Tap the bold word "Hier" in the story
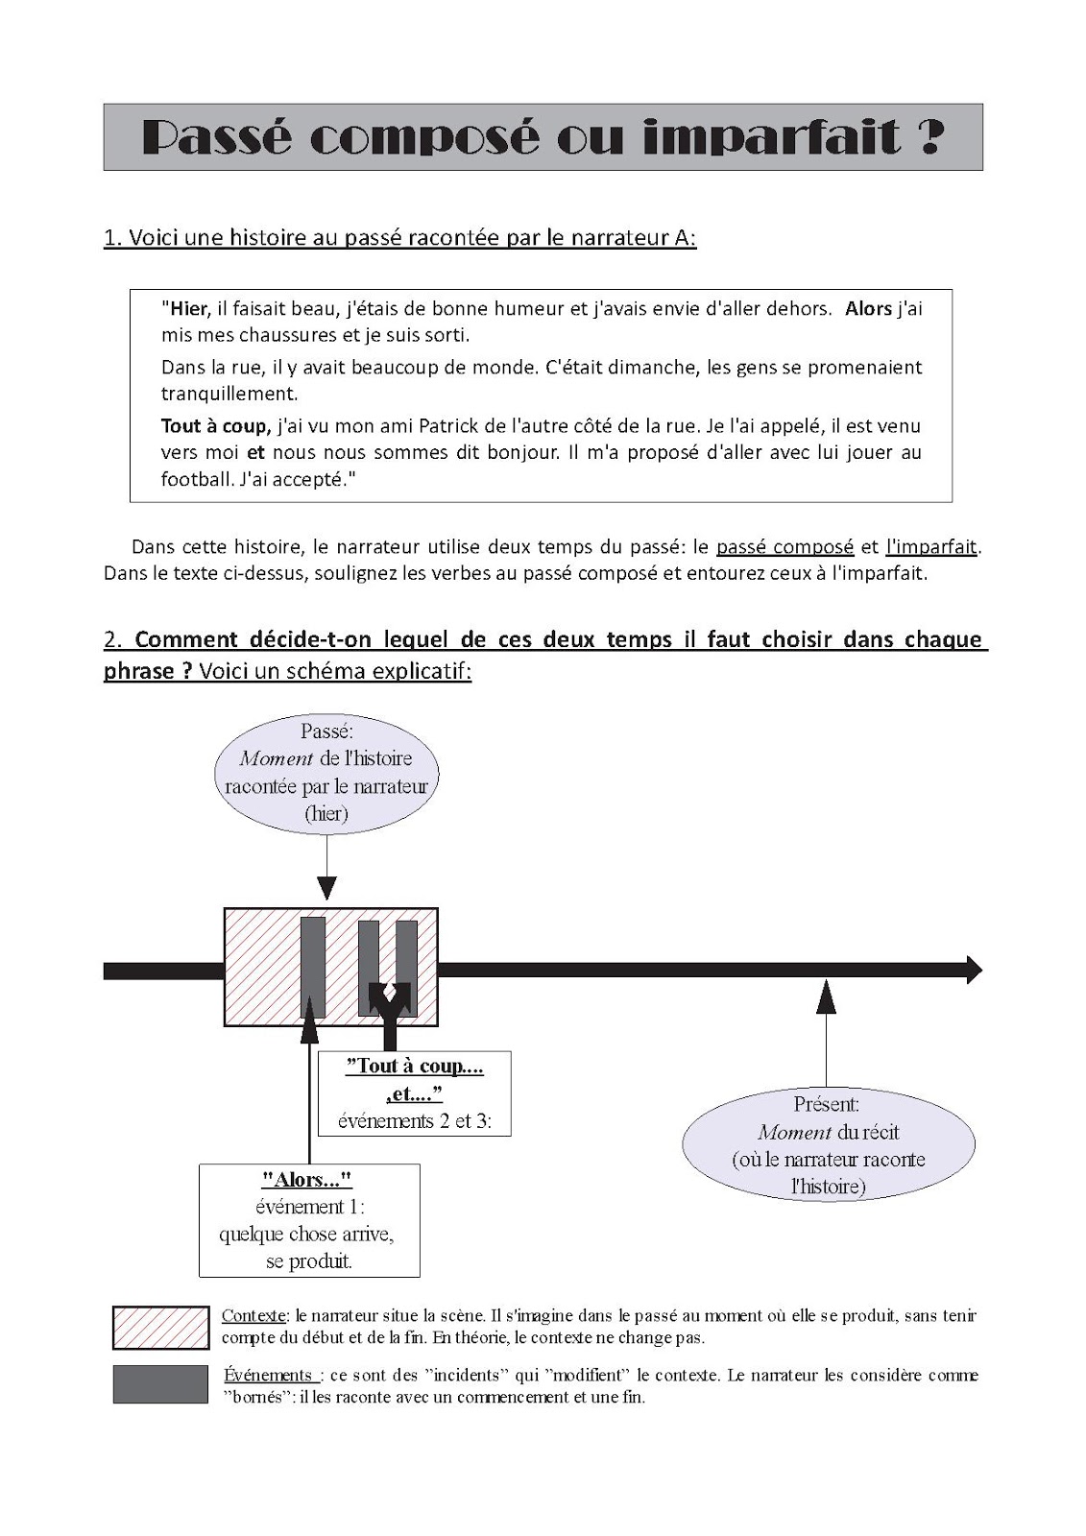coord(189,308)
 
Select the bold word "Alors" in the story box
coord(868,308)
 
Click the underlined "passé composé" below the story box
coord(784,547)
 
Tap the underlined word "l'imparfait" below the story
coord(930,547)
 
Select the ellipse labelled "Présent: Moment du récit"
coord(827,1145)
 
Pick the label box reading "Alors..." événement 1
coord(308,1220)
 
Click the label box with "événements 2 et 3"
coord(414,1093)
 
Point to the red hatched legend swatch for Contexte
coord(160,1328)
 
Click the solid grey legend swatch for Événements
coord(160,1384)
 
